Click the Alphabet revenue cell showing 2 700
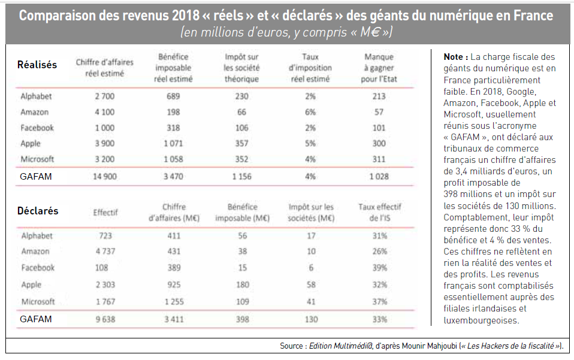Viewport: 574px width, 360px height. click(x=105, y=96)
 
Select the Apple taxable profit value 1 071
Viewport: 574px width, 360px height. click(x=173, y=143)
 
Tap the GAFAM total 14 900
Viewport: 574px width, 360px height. click(x=105, y=176)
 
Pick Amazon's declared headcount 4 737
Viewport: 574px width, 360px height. click(x=105, y=252)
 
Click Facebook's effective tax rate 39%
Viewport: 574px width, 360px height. click(x=380, y=268)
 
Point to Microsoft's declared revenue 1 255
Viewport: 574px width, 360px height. click(x=174, y=302)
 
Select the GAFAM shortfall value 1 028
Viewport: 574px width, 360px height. click(x=379, y=176)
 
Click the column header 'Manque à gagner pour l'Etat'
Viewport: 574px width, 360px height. click(x=379, y=68)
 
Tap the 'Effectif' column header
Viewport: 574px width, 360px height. click(x=105, y=212)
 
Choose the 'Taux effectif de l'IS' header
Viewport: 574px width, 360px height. click(x=380, y=212)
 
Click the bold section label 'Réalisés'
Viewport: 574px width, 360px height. click(x=37, y=65)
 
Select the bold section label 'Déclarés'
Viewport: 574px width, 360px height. click(x=38, y=211)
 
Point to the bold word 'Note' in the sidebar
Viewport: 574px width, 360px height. click(x=453, y=57)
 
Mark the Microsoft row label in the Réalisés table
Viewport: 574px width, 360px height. click(x=37, y=159)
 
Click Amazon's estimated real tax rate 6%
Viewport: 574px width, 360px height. click(x=310, y=112)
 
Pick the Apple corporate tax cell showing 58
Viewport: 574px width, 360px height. click(x=311, y=285)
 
